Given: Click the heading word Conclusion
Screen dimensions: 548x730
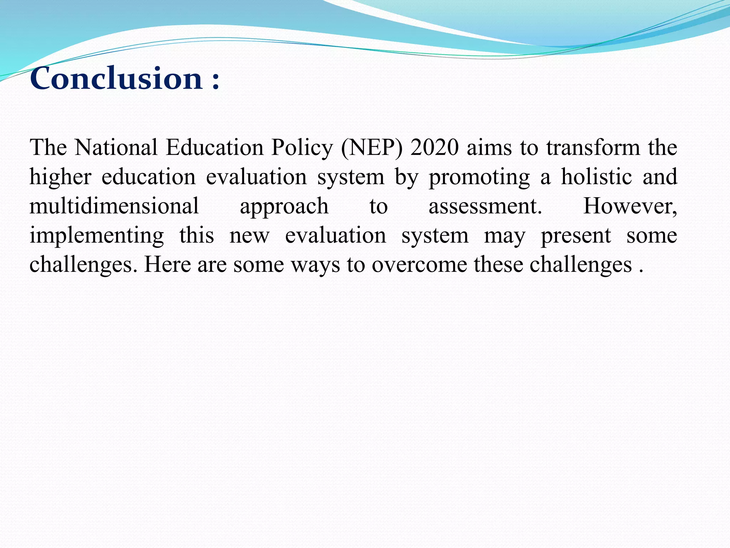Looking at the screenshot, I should coord(116,78).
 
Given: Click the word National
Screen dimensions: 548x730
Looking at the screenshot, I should coord(116,147).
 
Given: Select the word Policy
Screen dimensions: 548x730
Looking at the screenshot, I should coord(302,148).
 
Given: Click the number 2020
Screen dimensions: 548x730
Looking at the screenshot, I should coord(434,147).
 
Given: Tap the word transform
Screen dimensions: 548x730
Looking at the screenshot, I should coord(593,147).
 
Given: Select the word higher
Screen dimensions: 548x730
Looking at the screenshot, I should coord(60,177).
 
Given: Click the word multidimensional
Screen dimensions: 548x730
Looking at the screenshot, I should coord(114,206).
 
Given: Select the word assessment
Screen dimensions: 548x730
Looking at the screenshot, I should coord(485,206).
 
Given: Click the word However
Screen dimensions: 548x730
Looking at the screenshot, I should coord(629,206).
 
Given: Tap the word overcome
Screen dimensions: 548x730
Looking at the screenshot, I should coord(419,265).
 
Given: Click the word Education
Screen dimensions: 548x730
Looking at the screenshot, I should coord(214,147).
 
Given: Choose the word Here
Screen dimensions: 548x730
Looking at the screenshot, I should coord(167,264).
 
